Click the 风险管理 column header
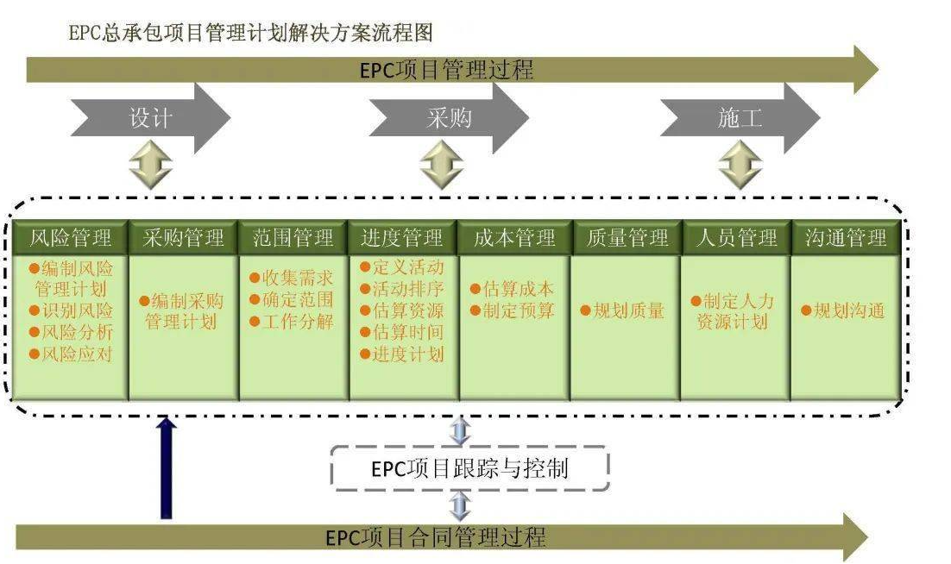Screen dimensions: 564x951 70,237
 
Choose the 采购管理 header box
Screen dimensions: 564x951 183,237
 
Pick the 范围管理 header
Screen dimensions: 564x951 293,237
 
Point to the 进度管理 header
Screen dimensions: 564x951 402,237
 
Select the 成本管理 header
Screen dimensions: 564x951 514,237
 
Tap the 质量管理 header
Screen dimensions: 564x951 627,237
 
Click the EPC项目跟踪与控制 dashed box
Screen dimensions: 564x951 470,469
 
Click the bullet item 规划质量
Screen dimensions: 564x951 622,311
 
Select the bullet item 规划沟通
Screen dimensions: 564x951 843,311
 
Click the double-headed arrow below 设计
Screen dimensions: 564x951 150,165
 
